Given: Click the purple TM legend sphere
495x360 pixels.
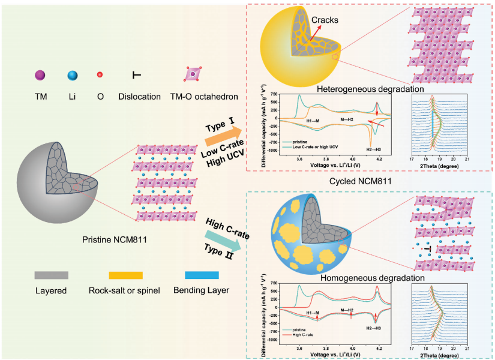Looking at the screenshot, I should point(40,75).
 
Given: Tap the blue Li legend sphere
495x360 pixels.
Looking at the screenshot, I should point(73,75).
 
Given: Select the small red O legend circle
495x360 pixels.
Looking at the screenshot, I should point(100,75).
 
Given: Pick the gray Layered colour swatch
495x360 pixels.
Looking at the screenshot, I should point(52,275).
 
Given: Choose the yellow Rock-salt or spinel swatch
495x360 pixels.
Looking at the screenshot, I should point(125,275).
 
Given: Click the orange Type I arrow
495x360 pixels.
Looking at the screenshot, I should point(222,133).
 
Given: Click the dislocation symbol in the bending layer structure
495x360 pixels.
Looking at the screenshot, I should point(427,248).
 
